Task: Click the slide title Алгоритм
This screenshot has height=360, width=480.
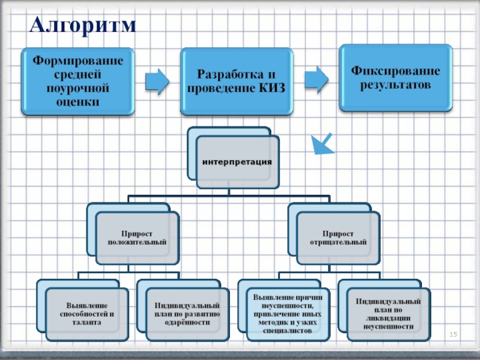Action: pyautogui.click(x=83, y=25)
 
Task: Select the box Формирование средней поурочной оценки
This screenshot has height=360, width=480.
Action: pyautogui.click(x=77, y=81)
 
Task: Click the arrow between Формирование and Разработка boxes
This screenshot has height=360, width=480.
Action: pyautogui.click(x=158, y=81)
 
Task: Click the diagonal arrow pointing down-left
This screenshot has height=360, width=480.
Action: pyautogui.click(x=323, y=143)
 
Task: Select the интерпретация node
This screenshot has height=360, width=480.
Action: pyautogui.click(x=237, y=163)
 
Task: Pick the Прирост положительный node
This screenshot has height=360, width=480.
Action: pyautogui.click(x=136, y=237)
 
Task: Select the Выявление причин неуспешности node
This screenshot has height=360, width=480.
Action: pyautogui.click(x=287, y=313)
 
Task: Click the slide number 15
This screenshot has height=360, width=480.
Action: pyautogui.click(x=454, y=333)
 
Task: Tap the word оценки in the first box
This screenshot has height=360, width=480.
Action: pyautogui.click(x=77, y=101)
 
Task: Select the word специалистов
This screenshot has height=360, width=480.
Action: pyautogui.click(x=287, y=331)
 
